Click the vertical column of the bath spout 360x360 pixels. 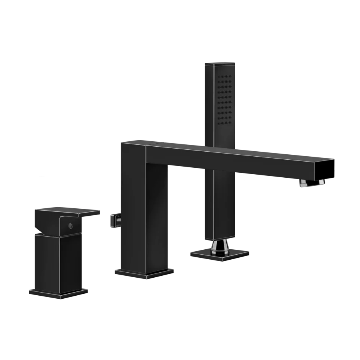click(144, 214)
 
